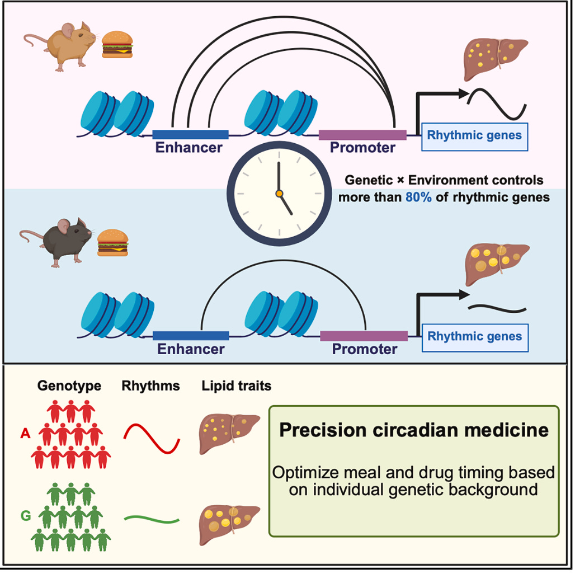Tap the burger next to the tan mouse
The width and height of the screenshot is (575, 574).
point(117,44)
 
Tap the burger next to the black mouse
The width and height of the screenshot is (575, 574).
point(113,242)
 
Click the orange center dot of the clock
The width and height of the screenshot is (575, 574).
point(279,194)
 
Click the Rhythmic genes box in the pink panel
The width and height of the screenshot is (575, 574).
point(474,135)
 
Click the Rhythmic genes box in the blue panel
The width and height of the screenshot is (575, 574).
point(474,337)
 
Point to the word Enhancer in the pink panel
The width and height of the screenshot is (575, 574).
point(189,148)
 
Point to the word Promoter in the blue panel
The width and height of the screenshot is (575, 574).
point(365,350)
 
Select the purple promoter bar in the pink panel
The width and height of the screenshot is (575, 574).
point(362,135)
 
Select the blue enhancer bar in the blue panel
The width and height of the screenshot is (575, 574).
point(191,336)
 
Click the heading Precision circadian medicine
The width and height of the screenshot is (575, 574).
point(414,431)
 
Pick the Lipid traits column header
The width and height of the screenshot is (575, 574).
point(237,386)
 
